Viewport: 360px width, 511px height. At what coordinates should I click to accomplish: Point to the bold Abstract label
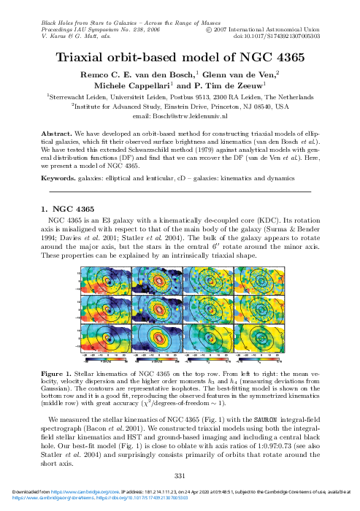coord(55,135)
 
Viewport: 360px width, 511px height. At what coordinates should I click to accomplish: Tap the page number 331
coord(180,476)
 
